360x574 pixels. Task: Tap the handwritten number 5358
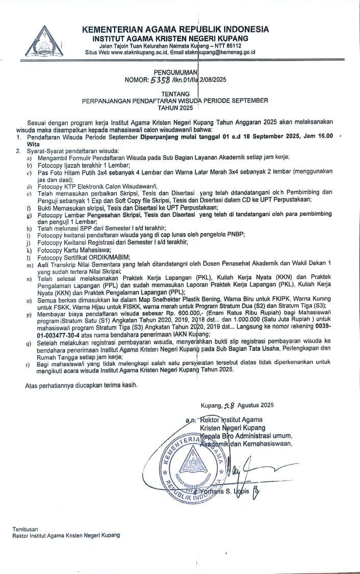pos(160,80)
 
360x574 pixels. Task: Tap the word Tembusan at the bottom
pos(25,530)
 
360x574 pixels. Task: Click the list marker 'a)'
pos(30,158)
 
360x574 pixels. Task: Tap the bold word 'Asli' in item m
pos(43,263)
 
